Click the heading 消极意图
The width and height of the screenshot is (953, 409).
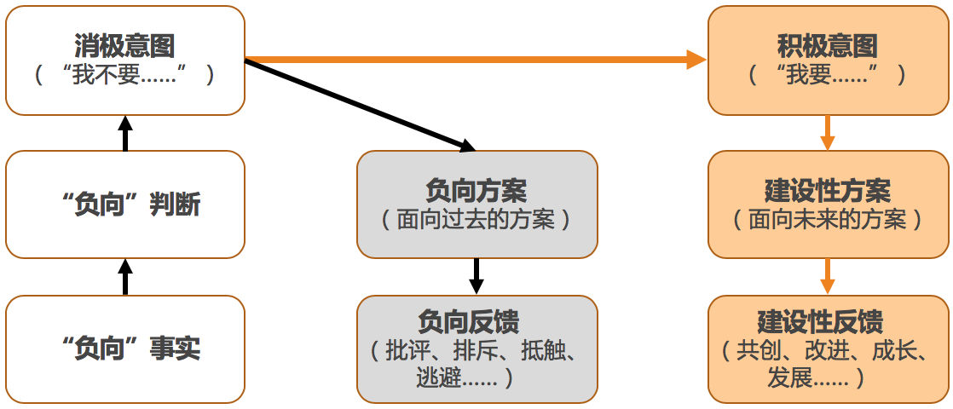pyautogui.click(x=124, y=45)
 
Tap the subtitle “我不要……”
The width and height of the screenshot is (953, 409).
pyautogui.click(x=124, y=75)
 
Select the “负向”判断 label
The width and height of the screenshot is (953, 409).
pyautogui.click(x=131, y=205)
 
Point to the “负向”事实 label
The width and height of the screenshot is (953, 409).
pyautogui.click(x=131, y=349)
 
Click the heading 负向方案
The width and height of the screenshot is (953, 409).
pyautogui.click(x=476, y=192)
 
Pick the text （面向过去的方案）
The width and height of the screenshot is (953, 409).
pyautogui.click(x=476, y=219)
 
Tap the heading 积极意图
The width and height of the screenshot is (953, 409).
pyautogui.click(x=827, y=45)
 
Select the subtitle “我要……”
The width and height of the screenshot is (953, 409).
pyautogui.click(x=827, y=75)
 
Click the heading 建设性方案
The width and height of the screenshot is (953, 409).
pyautogui.click(x=827, y=192)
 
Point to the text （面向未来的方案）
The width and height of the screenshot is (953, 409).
pyautogui.click(x=827, y=219)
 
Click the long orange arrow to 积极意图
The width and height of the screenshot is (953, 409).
pyautogui.click(x=476, y=60)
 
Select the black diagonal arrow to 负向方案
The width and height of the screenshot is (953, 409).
pyautogui.click(x=361, y=105)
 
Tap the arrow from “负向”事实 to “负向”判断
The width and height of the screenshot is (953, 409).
pyautogui.click(x=125, y=277)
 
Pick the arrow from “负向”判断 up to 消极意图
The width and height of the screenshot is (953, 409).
pyautogui.click(x=125, y=133)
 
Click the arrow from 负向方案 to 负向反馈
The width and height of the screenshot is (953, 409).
pyautogui.click(x=476, y=277)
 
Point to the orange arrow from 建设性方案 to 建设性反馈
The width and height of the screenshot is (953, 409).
pyautogui.click(x=827, y=277)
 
